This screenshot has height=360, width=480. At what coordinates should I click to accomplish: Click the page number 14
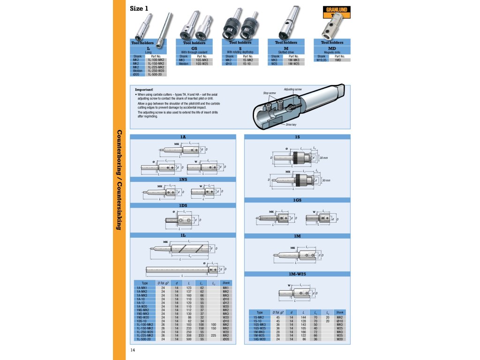(x=133, y=350)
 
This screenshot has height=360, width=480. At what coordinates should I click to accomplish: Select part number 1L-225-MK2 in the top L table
(x=156, y=67)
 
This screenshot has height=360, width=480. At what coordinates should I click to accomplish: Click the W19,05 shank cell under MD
(x=321, y=60)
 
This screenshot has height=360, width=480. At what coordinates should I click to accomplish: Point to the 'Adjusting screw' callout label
(x=293, y=89)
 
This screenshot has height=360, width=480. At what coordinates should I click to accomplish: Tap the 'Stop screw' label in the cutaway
(x=269, y=93)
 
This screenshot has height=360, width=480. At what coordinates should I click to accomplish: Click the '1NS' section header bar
(x=183, y=179)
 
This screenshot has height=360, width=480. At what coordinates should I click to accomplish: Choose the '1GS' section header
(x=297, y=200)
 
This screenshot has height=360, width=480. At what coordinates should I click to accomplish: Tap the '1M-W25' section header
(x=297, y=273)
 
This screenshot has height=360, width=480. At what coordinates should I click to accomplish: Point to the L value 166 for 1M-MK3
(x=304, y=331)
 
